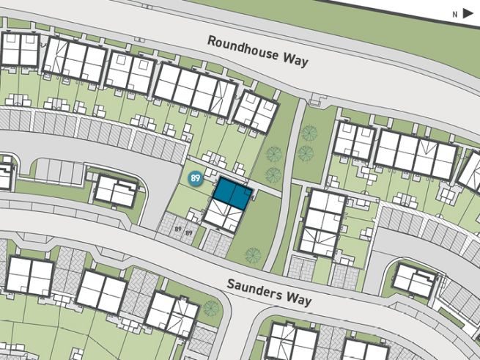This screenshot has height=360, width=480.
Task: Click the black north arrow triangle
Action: point(467,12)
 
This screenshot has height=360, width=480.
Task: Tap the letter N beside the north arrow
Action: point(454,13)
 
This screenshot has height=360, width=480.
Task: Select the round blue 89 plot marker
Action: point(195,178)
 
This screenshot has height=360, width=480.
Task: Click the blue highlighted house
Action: point(232,194)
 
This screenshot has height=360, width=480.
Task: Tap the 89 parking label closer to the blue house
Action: point(189,233)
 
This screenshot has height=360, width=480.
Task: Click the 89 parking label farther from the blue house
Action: point(178,229)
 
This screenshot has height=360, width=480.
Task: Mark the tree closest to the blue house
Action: point(273,175)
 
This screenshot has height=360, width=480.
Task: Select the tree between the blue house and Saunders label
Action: point(252,255)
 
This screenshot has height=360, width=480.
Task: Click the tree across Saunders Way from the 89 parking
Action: point(210,307)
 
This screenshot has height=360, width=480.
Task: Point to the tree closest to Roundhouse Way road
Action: point(310,133)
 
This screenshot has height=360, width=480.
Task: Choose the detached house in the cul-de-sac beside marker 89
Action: point(116,191)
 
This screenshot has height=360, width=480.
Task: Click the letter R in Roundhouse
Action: point(211,40)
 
